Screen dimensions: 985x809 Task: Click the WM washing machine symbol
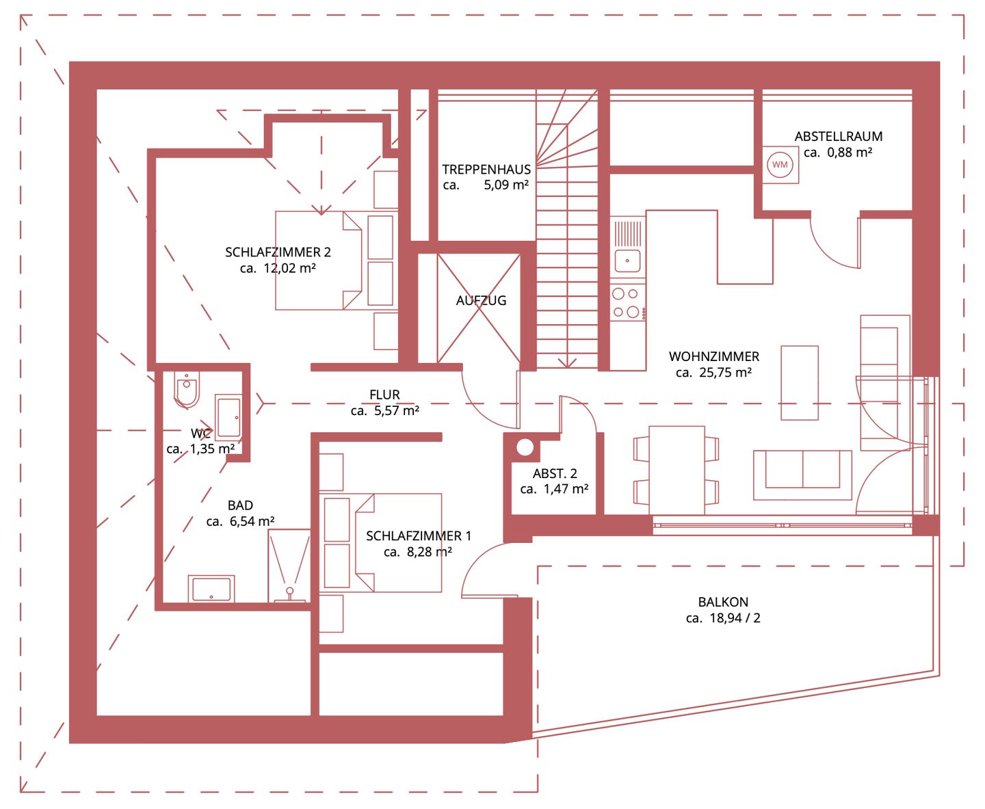coord(780,164)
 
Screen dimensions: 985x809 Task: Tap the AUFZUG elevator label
coord(481,301)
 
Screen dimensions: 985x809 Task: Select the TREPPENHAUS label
coord(486,169)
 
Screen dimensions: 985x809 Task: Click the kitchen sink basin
coord(627,261)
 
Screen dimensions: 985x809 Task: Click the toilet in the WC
coord(186,389)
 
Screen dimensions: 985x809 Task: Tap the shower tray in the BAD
coord(289,566)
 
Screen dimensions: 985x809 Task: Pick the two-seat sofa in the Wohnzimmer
coord(802,475)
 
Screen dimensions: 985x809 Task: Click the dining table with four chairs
coord(676,470)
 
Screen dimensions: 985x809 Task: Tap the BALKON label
coord(723,602)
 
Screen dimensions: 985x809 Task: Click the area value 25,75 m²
coord(725,373)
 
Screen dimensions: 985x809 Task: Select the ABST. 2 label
coord(555,473)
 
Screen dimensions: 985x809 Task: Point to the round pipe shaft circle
coord(525,447)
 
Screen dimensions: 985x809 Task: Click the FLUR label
coord(384,395)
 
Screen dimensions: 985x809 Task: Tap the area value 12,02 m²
coord(289,268)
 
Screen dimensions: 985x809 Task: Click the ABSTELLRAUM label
coord(839,136)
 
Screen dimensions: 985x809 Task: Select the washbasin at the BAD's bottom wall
coord(211,589)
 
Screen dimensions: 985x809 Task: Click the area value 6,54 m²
coord(252,521)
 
